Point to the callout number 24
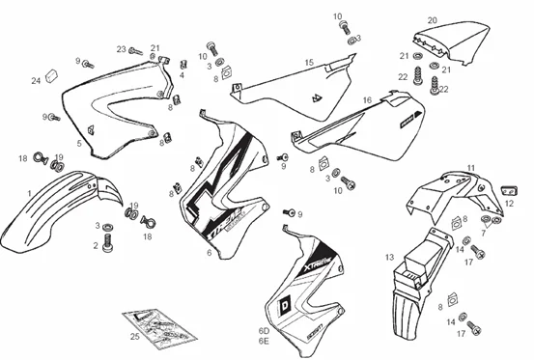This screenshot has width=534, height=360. pyautogui.click(x=36, y=80)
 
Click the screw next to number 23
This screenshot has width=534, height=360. pyautogui.click(x=136, y=50)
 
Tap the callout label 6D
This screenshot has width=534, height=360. pyautogui.click(x=263, y=330)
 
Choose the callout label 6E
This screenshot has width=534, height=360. pyautogui.click(x=263, y=341)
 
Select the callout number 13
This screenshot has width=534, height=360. pyautogui.click(x=388, y=258)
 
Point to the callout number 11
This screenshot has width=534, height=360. pyautogui.click(x=471, y=168)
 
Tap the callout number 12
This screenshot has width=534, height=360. pyautogui.click(x=508, y=203)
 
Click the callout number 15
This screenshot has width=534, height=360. pyautogui.click(x=309, y=63)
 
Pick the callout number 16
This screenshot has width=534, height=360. pyautogui.click(x=367, y=100)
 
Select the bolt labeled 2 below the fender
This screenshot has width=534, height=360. pyautogui.click(x=106, y=246)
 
